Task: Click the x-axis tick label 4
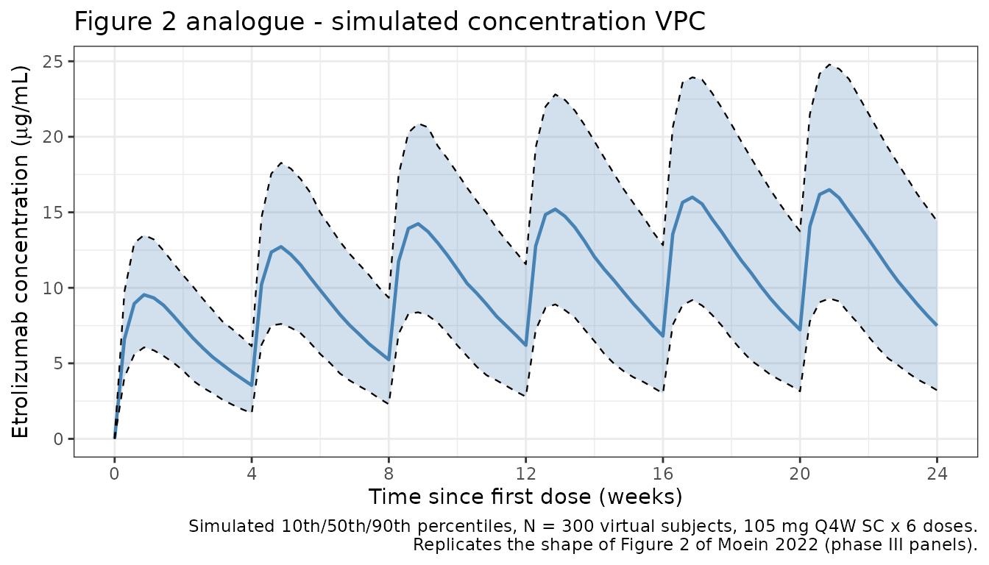click(252, 475)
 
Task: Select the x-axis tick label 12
click(525, 475)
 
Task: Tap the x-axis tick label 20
click(800, 475)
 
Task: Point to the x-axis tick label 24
click(937, 475)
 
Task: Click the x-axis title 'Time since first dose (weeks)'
click(525, 497)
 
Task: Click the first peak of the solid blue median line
click(144, 294)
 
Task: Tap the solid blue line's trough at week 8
click(389, 359)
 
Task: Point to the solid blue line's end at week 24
click(936, 324)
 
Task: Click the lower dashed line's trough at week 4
click(252, 411)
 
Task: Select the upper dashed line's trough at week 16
click(662, 246)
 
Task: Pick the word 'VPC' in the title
click(681, 22)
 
